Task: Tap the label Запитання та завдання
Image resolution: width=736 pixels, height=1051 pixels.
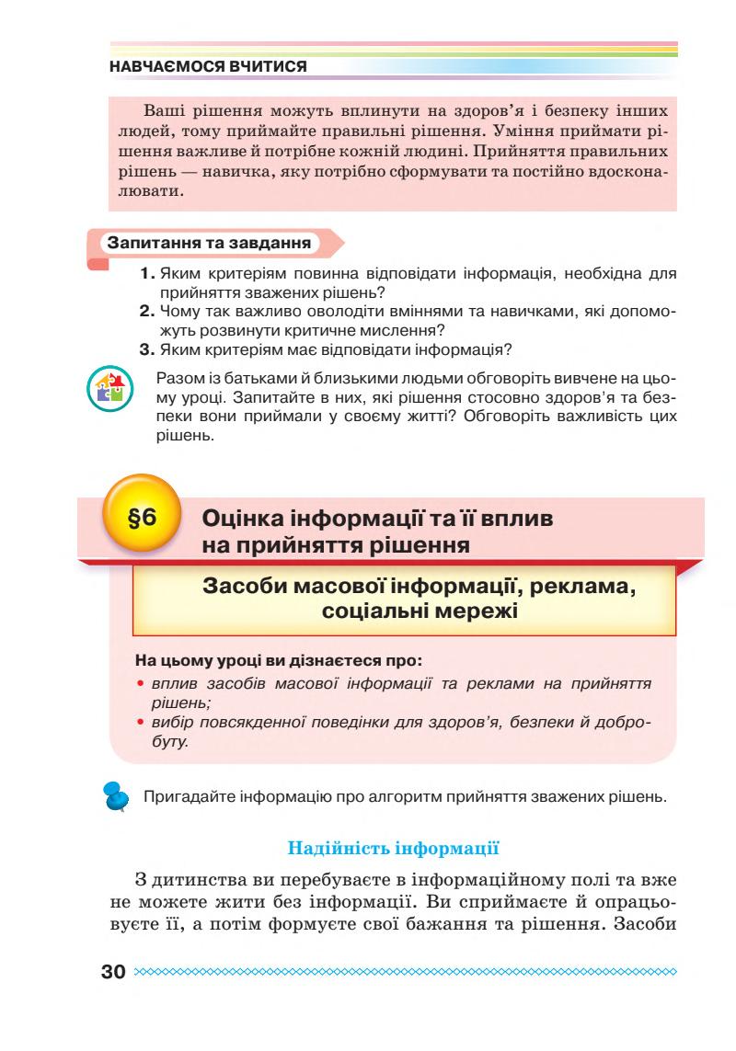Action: (x=210, y=245)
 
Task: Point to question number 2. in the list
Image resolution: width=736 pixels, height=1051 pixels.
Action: (x=147, y=312)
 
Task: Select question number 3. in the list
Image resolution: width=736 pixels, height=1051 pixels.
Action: (x=147, y=349)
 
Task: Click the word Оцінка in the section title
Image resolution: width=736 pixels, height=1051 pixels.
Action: (x=247, y=519)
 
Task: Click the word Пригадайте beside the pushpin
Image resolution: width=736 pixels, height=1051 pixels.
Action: (x=188, y=794)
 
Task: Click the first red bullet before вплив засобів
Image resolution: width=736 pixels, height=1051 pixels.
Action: (x=139, y=683)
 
